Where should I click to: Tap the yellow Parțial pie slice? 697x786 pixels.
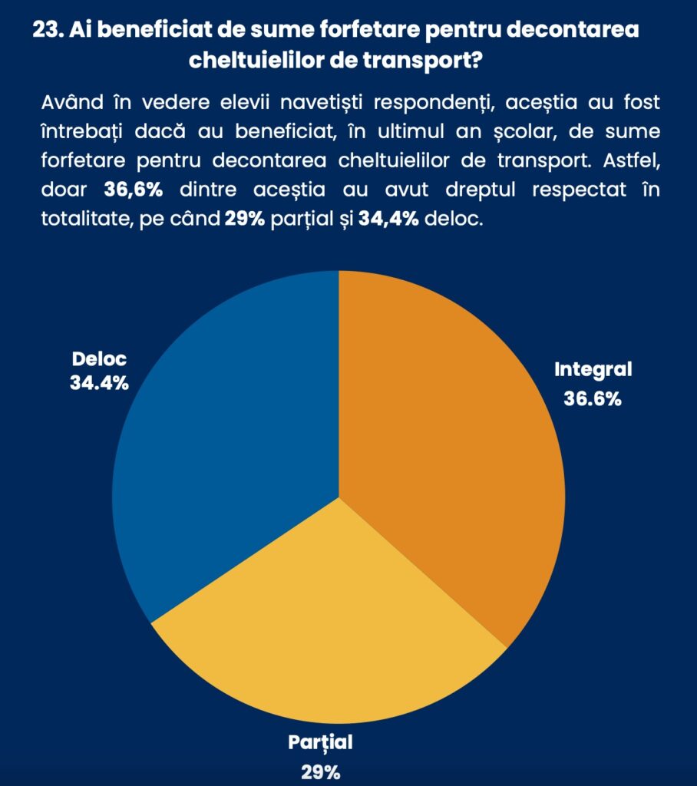pos(330,629)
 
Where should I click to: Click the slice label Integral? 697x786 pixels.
pos(593,369)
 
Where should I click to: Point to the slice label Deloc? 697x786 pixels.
pos(99,358)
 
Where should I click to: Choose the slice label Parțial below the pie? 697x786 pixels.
pos(320,742)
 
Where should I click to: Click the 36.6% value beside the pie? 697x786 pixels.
pos(593,399)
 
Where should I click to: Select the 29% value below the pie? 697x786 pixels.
pos(320,772)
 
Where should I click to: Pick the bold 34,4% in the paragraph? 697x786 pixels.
pos(388,219)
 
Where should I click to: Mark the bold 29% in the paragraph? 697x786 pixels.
pos(246,219)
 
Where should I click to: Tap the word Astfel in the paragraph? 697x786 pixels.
pos(634,161)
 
